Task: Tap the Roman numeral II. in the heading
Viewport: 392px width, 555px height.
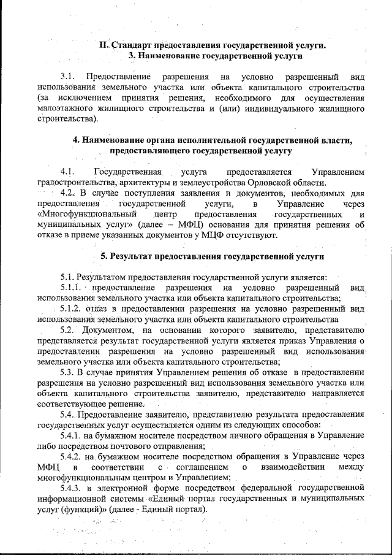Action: pyautogui.click(x=105, y=45)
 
